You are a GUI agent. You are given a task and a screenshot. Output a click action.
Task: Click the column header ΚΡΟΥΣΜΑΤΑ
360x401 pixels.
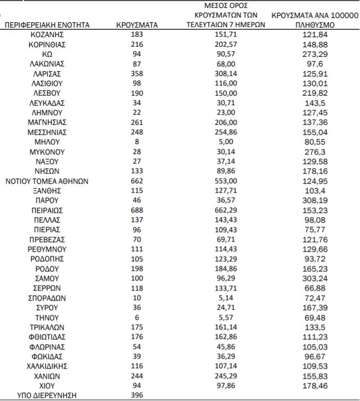[137, 25]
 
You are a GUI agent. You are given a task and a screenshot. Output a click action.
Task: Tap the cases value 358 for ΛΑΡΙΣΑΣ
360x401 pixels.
[137, 73]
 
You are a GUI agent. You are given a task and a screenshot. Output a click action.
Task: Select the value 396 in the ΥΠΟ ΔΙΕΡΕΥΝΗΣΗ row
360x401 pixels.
[137, 395]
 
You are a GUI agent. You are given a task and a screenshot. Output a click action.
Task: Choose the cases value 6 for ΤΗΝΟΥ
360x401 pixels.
[137, 318]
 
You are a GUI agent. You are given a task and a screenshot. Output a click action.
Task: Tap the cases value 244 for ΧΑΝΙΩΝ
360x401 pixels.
[137, 376]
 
